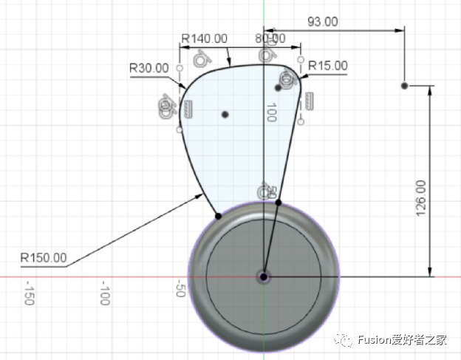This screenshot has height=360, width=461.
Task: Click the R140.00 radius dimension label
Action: [x=205, y=38]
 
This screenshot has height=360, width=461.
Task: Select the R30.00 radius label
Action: [x=149, y=68]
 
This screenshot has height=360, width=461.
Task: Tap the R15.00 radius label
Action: [x=328, y=65]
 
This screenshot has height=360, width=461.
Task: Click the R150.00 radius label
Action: [x=44, y=258]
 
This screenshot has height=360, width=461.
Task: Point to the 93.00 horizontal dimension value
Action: [x=323, y=21]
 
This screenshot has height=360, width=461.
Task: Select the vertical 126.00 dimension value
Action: [x=421, y=198]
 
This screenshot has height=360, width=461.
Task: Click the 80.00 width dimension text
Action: [x=270, y=38]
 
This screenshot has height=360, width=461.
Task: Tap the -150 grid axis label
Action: [x=30, y=293]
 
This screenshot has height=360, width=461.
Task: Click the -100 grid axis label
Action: [x=105, y=293]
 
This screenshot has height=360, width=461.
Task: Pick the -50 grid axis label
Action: [x=180, y=288]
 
